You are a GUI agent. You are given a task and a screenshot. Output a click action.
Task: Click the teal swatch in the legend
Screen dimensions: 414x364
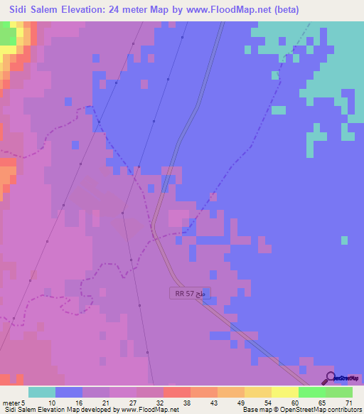[42, 392]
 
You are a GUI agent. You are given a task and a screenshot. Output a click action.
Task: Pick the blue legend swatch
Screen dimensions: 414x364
[69, 392]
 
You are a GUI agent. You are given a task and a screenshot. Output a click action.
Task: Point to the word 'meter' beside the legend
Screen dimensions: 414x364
[13, 403]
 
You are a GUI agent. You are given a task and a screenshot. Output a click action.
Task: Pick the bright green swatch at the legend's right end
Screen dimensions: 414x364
[339, 392]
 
